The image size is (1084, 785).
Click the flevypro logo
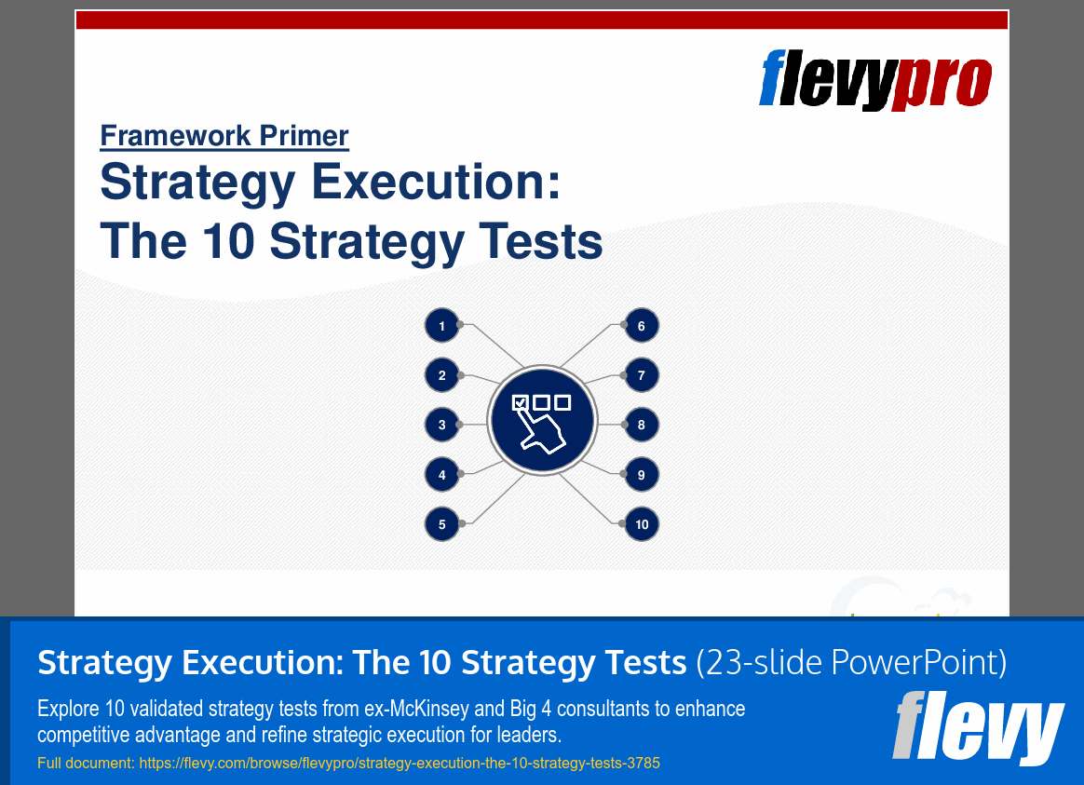coord(875,79)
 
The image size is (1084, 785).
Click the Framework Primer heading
coord(224,136)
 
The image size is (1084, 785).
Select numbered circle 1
coord(442,326)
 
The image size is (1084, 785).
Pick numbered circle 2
coord(442,376)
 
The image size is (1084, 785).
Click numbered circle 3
coord(442,426)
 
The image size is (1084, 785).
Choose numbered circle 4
coord(442,475)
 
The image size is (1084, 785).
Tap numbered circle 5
coord(442,524)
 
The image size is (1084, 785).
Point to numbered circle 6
coord(641,326)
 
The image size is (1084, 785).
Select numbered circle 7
coord(641,376)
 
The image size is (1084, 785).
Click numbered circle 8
coord(641,426)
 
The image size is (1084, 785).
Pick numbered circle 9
coord(641,475)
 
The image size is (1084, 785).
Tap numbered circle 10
coord(641,524)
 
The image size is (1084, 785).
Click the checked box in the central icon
coord(521,403)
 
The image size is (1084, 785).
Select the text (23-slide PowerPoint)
coord(851,663)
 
